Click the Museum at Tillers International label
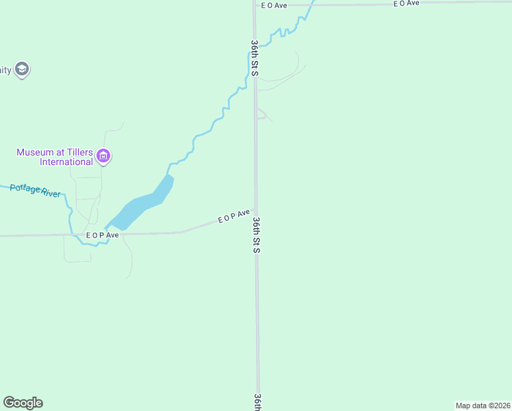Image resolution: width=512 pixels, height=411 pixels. pyautogui.click(x=55, y=157)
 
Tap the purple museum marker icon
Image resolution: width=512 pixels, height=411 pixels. pyautogui.click(x=103, y=157)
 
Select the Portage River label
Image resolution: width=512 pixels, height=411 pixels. pyautogui.click(x=36, y=190)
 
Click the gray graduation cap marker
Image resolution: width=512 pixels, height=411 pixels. pyautogui.click(x=22, y=69)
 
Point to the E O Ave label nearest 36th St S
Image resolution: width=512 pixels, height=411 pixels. pyautogui.click(x=274, y=5)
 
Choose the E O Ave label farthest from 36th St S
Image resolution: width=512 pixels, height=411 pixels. pyautogui.click(x=406, y=3)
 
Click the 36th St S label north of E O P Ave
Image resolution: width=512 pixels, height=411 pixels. pyautogui.click(x=254, y=58)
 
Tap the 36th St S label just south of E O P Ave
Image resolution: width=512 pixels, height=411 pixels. pyautogui.click(x=256, y=235)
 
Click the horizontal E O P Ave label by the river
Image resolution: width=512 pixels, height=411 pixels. pyautogui.click(x=103, y=235)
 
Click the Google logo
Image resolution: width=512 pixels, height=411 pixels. pyautogui.click(x=23, y=403)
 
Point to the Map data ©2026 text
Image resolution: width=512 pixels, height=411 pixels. pyautogui.click(x=483, y=405)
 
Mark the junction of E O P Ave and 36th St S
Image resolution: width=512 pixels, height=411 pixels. pyautogui.click(x=256, y=209)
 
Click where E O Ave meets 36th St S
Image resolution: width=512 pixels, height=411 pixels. pyautogui.click(x=255, y=5)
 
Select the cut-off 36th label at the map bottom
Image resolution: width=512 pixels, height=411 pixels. pyautogui.click(x=258, y=402)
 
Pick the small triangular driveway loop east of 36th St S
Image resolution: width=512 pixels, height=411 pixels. pyautogui.click(x=261, y=114)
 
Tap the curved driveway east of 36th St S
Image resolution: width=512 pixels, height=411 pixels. pyautogui.click(x=284, y=75)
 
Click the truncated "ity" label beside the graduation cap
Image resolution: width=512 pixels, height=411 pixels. pyautogui.click(x=5, y=70)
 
